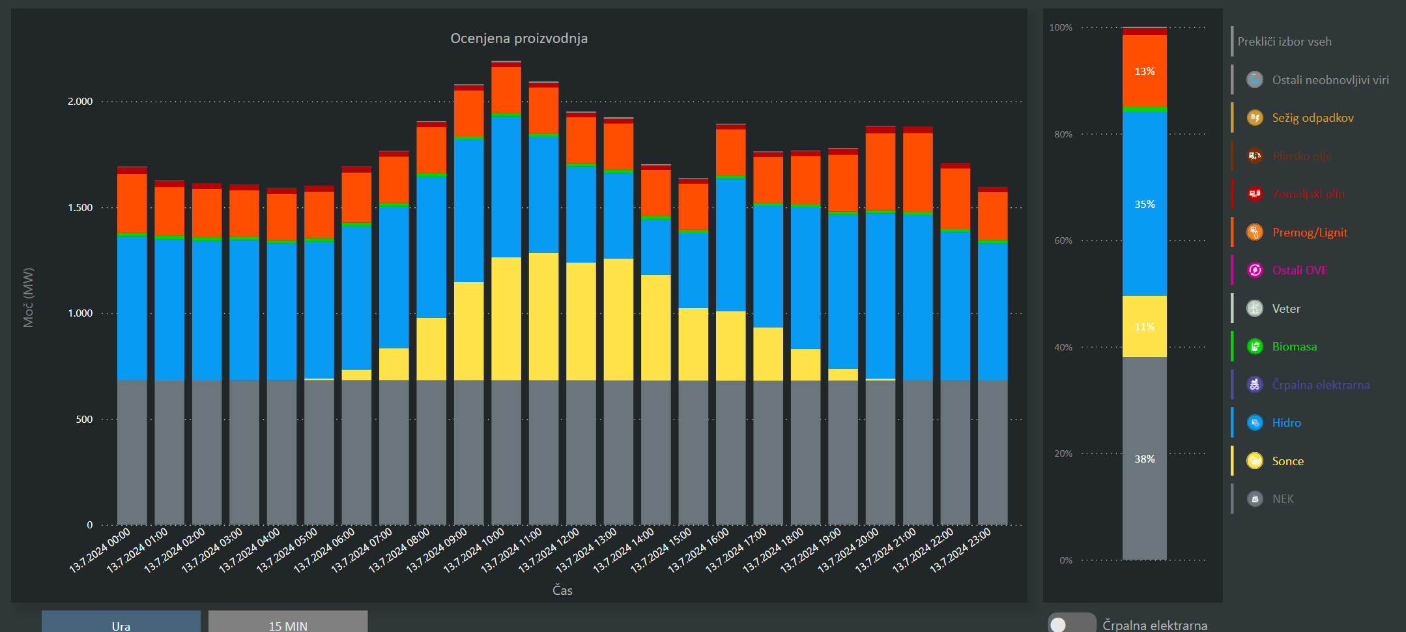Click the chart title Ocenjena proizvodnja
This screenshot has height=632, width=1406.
519,38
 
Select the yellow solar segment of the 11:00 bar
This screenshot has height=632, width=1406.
543,316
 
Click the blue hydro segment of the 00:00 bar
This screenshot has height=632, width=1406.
132,308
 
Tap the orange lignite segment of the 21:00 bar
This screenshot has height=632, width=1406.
917,172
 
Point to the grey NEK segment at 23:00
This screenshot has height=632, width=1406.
992,452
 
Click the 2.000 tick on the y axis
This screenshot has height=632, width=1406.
80,102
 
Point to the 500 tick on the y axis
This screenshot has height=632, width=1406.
84,420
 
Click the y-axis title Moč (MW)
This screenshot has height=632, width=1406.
28,298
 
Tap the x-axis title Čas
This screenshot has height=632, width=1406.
562,590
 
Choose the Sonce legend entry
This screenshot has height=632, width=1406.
1287,461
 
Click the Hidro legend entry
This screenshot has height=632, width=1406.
1286,423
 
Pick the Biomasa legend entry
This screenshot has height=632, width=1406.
1294,347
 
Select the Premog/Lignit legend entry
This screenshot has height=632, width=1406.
1309,233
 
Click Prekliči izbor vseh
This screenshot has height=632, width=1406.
1284,42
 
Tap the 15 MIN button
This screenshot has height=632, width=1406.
288,623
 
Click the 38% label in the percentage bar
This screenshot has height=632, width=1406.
1144,459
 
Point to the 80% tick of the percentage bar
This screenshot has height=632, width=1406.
1063,134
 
